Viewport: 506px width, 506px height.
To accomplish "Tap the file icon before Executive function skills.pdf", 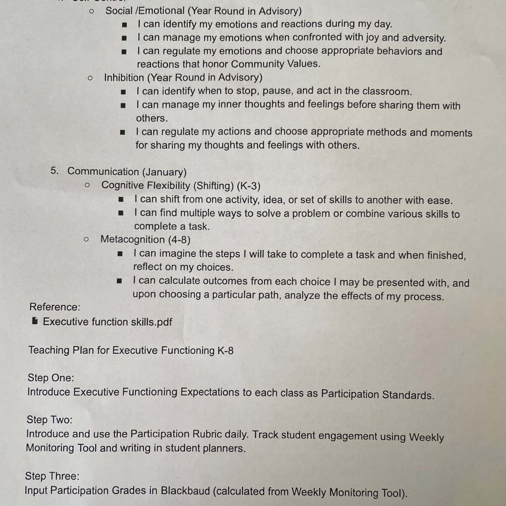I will pyautogui.click(x=35, y=321).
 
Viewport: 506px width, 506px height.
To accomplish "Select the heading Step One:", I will pyautogui.click(x=51, y=378).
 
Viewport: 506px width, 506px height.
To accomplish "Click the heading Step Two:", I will pyautogui.click(x=49, y=420).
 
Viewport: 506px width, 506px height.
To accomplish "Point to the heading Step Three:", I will pyautogui.click(x=52, y=476).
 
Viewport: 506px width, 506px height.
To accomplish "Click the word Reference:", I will pyautogui.click(x=55, y=307).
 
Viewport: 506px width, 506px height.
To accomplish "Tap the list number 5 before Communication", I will pyautogui.click(x=54, y=171).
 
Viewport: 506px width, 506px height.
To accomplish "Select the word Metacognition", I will pyautogui.click(x=132, y=240).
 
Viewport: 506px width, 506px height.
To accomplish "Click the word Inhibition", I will pyautogui.click(x=124, y=78).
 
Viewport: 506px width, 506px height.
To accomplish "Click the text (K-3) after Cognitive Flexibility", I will pyautogui.click(x=248, y=186).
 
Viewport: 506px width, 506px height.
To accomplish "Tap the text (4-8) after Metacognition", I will pyautogui.click(x=179, y=240).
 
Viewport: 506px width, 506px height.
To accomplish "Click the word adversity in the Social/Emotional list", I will pyautogui.click(x=423, y=38).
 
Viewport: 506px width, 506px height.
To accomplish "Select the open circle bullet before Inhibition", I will pyautogui.click(x=90, y=78).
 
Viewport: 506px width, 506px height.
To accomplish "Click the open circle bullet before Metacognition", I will pyautogui.click(x=86, y=240).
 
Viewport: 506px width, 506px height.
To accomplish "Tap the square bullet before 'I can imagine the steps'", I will pyautogui.click(x=120, y=254).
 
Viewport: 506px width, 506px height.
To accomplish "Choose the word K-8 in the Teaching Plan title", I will pyautogui.click(x=225, y=350).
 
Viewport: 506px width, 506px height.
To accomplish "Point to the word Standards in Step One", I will pyautogui.click(x=408, y=395).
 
